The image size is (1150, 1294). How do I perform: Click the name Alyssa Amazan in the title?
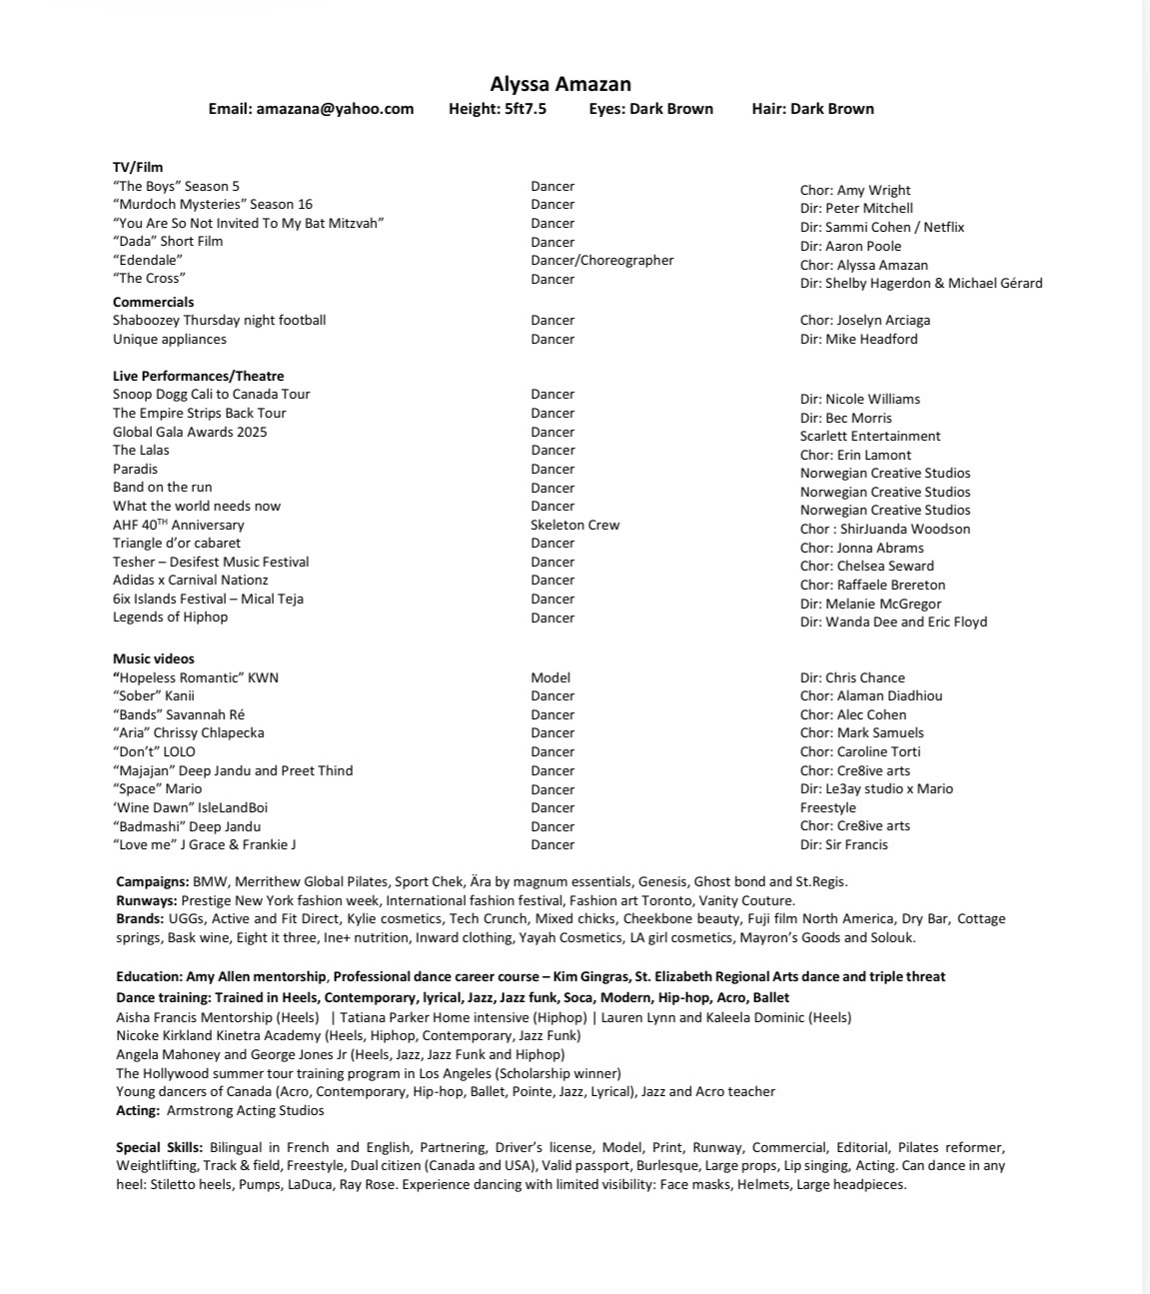pos(561,84)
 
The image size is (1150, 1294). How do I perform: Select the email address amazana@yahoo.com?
pos(335,109)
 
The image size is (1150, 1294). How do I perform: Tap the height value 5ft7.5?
pos(526,109)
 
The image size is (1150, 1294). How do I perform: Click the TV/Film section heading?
pos(138,167)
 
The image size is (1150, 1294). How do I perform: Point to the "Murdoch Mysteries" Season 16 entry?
pos(213,204)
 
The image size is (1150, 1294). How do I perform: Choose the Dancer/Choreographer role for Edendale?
pos(601,260)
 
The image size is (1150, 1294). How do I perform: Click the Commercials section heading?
pos(154,302)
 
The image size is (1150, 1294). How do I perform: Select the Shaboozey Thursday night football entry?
pos(219,320)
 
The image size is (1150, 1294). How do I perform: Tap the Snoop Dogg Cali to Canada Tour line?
pos(211,394)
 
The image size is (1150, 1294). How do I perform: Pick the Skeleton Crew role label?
pos(575,525)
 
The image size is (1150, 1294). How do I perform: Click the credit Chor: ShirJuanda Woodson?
pos(884,529)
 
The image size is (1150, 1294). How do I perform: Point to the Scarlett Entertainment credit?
pos(870,436)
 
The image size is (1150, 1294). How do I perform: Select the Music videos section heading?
pos(154,658)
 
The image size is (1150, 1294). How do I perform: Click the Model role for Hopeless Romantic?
pos(551,677)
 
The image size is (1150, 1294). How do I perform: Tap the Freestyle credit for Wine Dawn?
pos(827,807)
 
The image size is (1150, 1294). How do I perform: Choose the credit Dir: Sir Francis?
pos(843,844)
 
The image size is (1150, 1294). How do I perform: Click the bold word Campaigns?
pos(152,881)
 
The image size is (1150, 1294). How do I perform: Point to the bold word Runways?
pos(147,900)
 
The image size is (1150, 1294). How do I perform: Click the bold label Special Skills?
pos(160,1147)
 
